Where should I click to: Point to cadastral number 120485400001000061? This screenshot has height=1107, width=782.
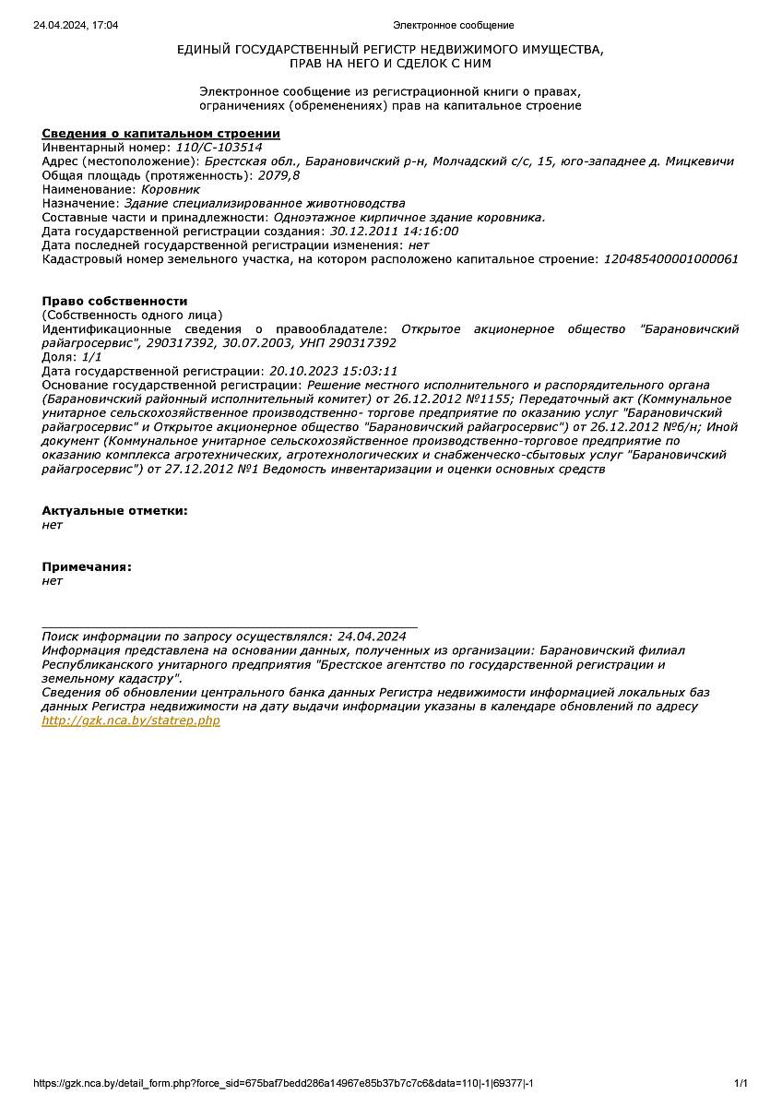click(x=670, y=259)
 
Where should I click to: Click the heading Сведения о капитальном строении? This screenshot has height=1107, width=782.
click(x=161, y=134)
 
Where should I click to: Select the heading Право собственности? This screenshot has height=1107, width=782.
click(x=114, y=302)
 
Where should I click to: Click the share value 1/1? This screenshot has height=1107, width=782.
click(x=91, y=357)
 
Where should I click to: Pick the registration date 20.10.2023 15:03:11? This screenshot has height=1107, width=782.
click(x=333, y=371)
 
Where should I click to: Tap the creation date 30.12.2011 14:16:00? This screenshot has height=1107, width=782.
click(x=394, y=232)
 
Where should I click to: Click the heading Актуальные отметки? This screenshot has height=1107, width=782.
click(x=115, y=510)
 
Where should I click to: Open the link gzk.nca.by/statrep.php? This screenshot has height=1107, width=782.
click(x=131, y=720)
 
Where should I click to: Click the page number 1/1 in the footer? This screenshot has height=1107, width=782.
click(x=741, y=1083)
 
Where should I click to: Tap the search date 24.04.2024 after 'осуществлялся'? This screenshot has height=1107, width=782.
click(x=372, y=637)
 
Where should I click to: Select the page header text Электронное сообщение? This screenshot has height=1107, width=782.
click(x=453, y=25)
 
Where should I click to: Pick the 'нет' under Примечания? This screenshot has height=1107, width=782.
click(x=52, y=581)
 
